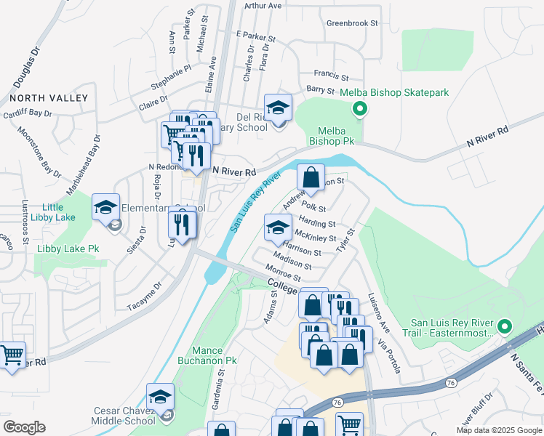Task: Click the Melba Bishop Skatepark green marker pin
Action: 358,110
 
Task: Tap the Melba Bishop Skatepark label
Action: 398,92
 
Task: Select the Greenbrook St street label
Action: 352,23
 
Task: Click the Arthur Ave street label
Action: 263,6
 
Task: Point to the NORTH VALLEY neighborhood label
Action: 49,98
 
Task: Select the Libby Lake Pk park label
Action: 68,249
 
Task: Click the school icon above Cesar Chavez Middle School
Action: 160,397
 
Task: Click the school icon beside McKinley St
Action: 277,228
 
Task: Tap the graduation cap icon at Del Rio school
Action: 277,108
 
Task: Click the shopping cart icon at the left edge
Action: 12,355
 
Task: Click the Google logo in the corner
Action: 24,427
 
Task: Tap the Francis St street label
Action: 332,75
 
